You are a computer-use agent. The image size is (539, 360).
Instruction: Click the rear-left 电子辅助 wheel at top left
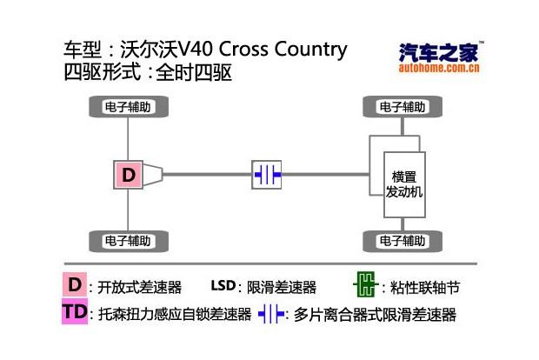(x=128, y=108)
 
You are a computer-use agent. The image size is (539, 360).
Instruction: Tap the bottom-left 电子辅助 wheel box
(x=128, y=240)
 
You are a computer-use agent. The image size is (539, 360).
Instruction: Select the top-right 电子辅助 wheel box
(x=403, y=108)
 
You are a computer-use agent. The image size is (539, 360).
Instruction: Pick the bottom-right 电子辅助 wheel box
(x=403, y=240)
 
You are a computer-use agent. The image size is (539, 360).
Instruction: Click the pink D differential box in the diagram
(x=129, y=175)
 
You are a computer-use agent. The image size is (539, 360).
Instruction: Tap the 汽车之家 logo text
(x=438, y=53)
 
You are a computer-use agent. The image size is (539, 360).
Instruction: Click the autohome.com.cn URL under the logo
(x=438, y=69)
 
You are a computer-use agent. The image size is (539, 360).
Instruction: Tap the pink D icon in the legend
(x=75, y=285)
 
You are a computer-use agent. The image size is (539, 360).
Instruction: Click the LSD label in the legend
(x=223, y=286)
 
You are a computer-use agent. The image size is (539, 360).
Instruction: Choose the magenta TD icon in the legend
(x=75, y=313)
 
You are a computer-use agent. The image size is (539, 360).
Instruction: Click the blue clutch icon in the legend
(x=271, y=314)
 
